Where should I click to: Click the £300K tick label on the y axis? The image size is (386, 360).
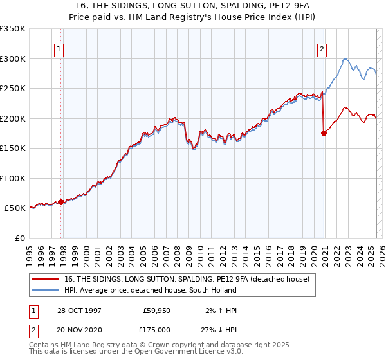[13, 59]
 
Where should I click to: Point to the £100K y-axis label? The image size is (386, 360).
[13, 178]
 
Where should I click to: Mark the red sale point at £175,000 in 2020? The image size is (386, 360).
[324, 133]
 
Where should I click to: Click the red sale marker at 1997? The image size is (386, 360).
[61, 202]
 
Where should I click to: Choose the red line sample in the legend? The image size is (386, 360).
[45, 279]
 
